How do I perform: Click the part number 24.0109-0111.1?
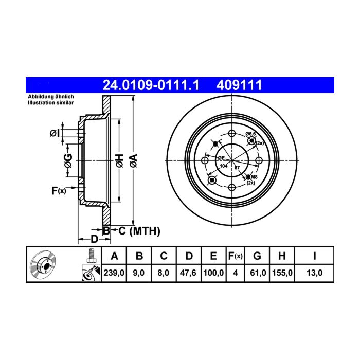tap(151, 85)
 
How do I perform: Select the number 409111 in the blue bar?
tap(239, 85)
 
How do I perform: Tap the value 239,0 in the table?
tap(114, 273)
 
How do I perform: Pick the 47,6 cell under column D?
tap(188, 273)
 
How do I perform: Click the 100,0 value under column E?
tap(213, 273)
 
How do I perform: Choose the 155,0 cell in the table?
tap(282, 273)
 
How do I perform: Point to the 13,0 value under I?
tap(314, 273)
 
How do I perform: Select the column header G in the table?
tap(257, 256)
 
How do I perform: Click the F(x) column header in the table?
tap(236, 256)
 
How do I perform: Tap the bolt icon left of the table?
tap(91, 256)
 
